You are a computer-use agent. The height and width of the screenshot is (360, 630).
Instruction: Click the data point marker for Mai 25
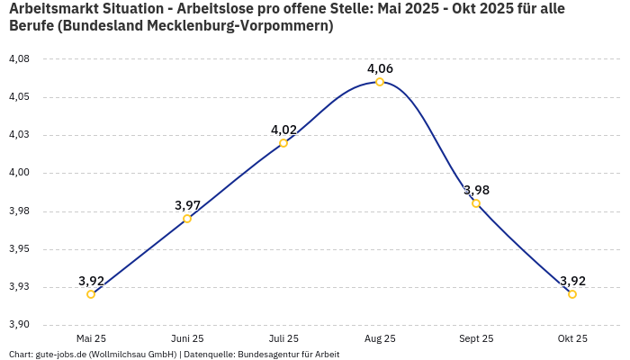[x=91, y=294]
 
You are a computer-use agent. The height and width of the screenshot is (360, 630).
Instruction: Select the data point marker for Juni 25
[x=187, y=219]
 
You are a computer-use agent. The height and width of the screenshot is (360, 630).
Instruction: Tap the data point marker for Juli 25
[x=283, y=143]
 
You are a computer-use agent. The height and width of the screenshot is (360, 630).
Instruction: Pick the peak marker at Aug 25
[x=380, y=82]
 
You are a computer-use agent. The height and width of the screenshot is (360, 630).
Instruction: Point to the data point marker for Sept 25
[x=476, y=203]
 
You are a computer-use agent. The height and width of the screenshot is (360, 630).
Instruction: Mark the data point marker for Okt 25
[x=572, y=294]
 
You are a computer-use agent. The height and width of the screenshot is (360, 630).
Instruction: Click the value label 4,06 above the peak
[x=380, y=68]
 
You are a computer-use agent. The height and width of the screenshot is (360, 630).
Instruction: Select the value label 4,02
[x=283, y=130]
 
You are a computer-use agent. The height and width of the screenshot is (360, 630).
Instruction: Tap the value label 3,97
[x=187, y=205]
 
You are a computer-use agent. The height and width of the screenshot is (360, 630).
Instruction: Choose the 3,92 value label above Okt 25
[x=572, y=281]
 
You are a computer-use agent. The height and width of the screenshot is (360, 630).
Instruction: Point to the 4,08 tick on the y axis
[x=19, y=59]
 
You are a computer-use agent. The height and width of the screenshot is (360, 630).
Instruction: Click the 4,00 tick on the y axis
[x=19, y=173]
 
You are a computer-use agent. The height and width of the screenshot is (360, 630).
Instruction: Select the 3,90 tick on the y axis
[x=19, y=325]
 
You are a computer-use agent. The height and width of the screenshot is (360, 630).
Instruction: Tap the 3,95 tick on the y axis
[x=19, y=249]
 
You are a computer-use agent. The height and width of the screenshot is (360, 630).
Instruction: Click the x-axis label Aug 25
[x=380, y=338]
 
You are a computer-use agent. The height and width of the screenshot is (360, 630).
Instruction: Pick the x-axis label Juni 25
[x=187, y=338]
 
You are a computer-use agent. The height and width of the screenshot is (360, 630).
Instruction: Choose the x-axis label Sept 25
[x=476, y=338]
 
